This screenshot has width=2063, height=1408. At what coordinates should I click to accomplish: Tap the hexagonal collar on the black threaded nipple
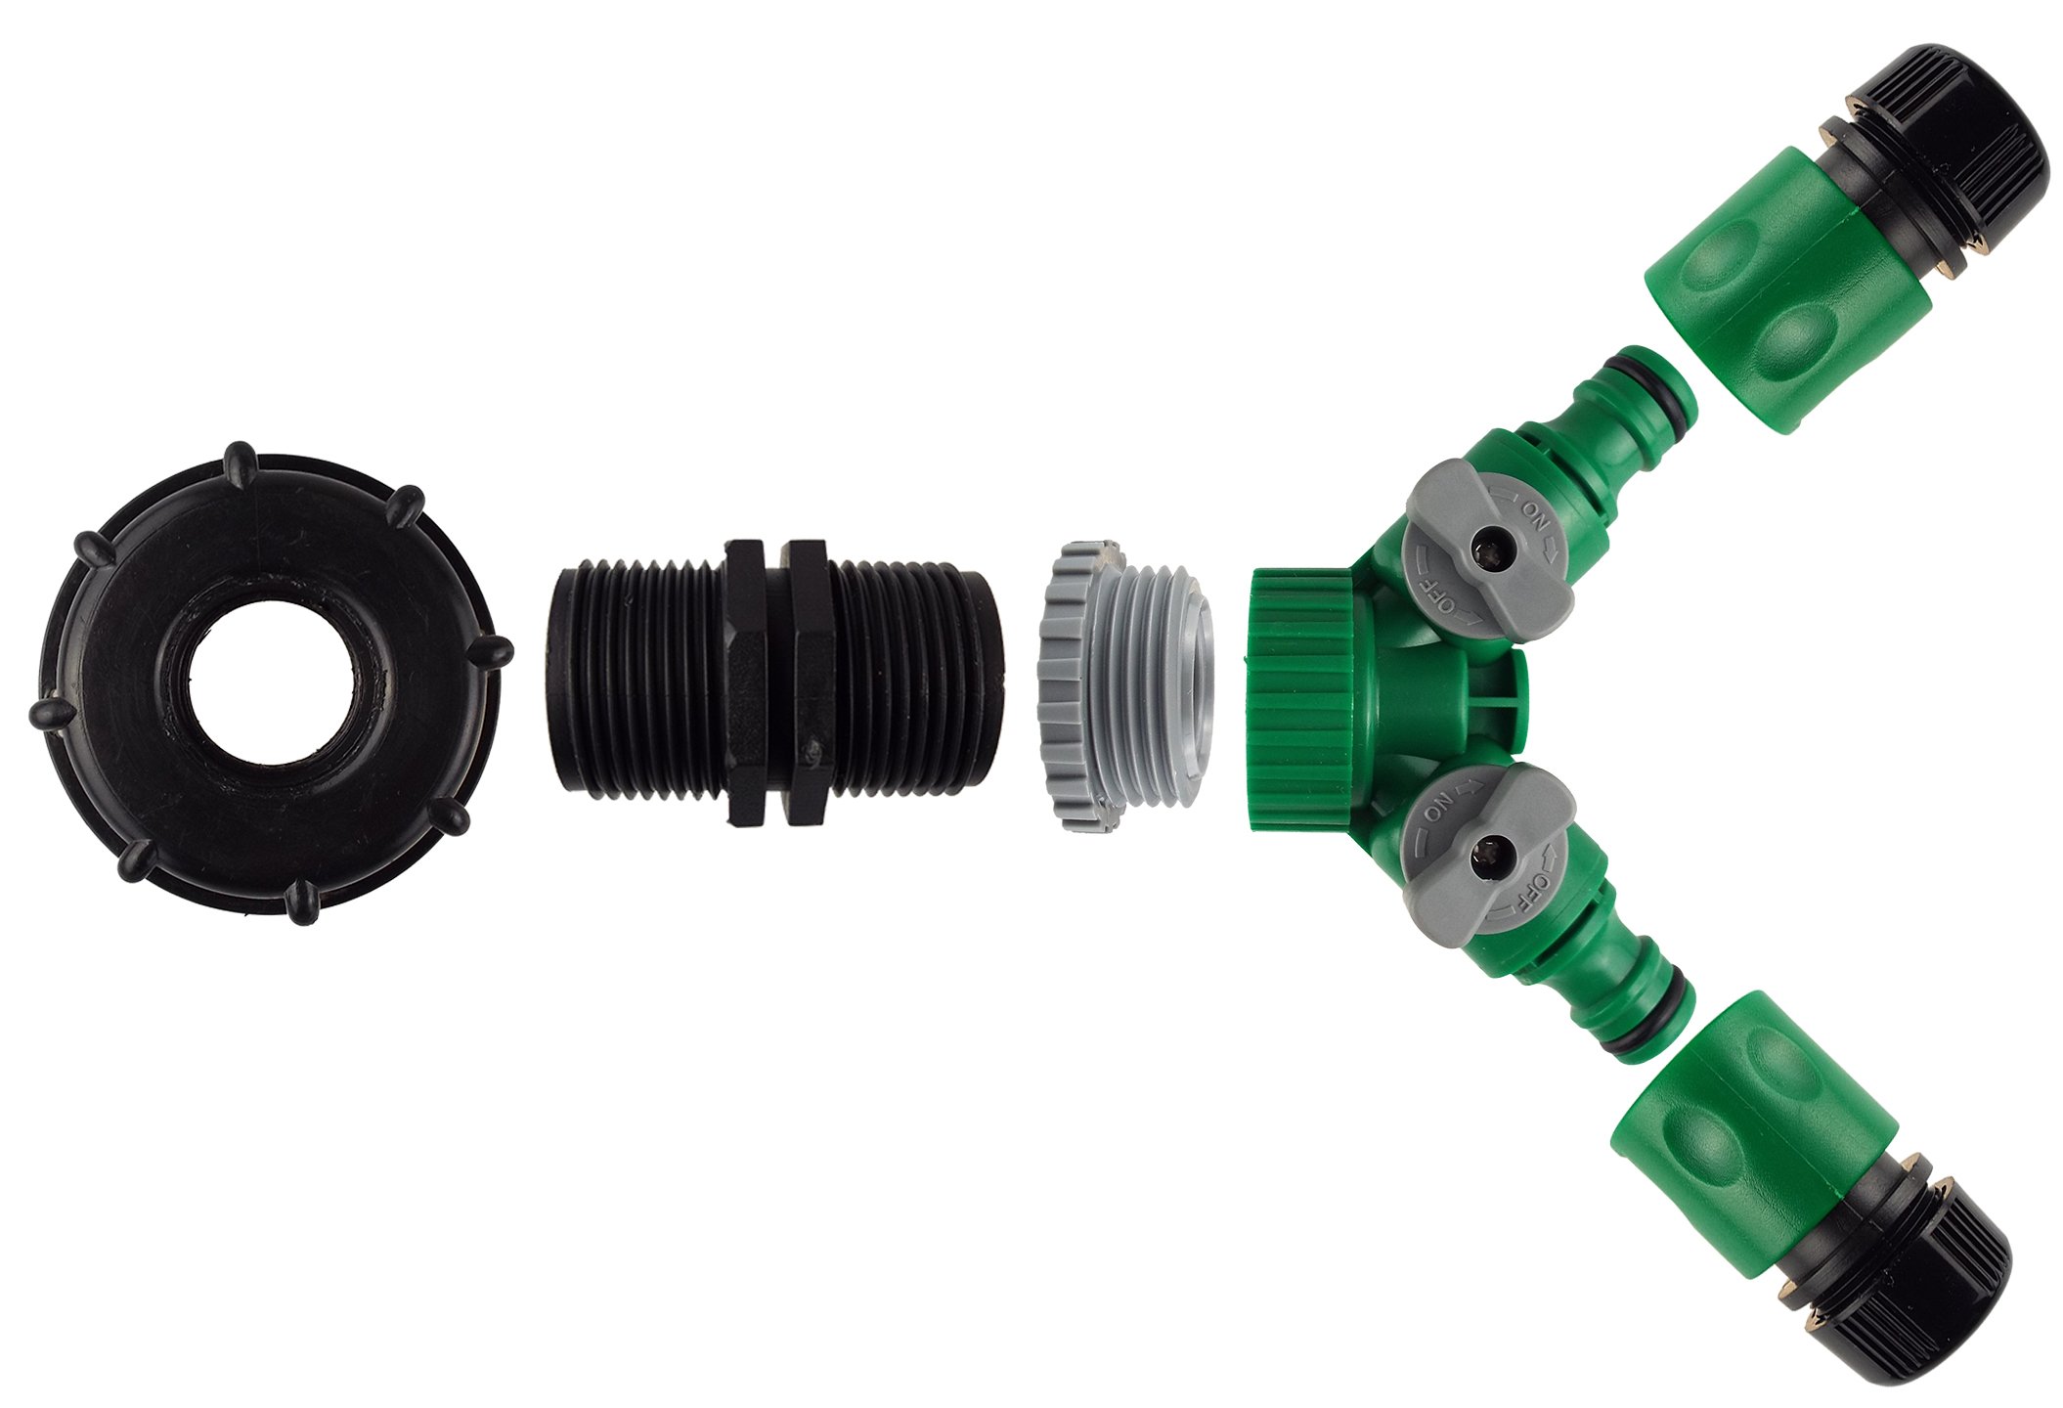tap(778, 682)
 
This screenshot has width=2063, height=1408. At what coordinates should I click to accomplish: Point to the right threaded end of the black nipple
tap(915, 682)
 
